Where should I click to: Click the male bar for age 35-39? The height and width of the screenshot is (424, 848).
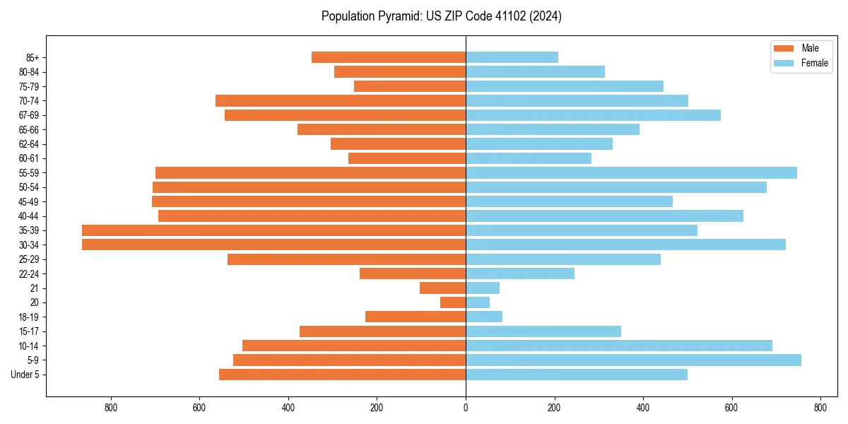(273, 230)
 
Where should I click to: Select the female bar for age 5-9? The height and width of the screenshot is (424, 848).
(633, 360)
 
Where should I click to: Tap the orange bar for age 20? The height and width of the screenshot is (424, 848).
(453, 302)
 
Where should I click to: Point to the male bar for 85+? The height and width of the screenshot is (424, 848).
(389, 57)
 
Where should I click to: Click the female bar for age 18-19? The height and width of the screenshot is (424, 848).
(484, 317)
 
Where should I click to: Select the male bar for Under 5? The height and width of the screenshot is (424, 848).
(342, 375)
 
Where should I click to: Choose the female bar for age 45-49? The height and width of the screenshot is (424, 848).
(569, 201)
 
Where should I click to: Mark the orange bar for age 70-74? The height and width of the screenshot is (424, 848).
(341, 101)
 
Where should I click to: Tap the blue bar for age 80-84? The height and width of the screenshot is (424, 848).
(535, 72)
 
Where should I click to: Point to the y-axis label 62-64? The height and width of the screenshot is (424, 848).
(29, 144)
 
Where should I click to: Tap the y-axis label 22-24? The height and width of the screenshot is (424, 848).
(29, 274)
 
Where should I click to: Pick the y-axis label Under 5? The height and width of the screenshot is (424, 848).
(25, 375)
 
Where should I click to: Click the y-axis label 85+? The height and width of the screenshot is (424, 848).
(33, 57)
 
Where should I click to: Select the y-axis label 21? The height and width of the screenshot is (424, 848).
(35, 288)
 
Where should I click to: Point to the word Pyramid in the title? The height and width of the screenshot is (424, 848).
(398, 16)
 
